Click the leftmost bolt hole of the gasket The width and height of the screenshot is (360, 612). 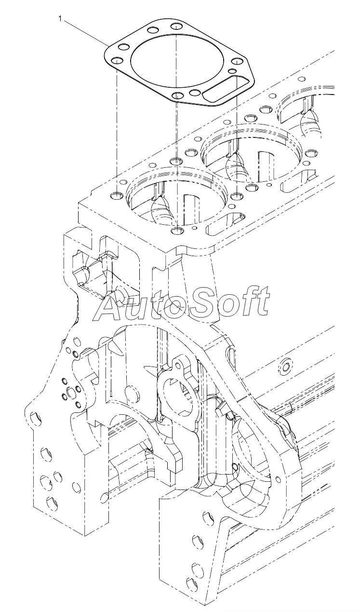(x=116, y=61)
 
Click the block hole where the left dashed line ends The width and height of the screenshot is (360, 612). (x=117, y=195)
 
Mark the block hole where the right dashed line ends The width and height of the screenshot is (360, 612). (x=237, y=196)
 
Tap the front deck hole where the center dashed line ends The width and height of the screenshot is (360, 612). (x=177, y=231)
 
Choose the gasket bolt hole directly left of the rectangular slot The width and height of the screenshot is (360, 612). (x=195, y=93)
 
